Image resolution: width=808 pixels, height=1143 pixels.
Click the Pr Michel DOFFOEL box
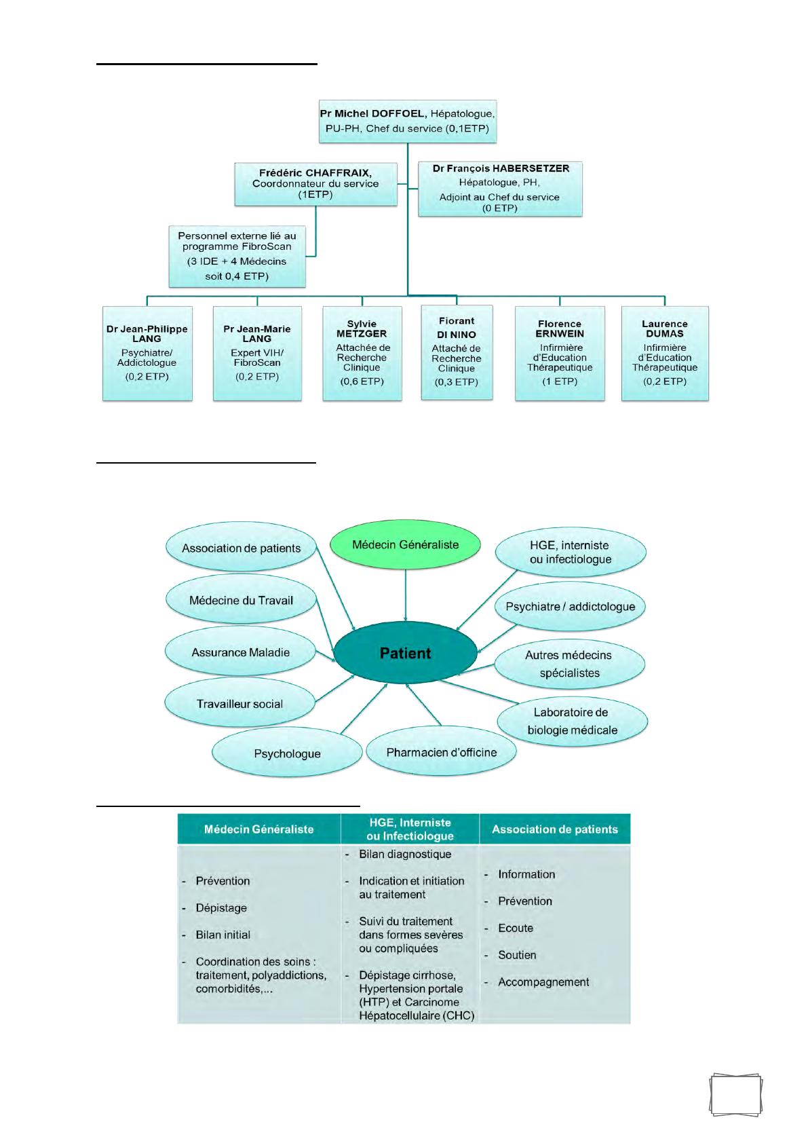[x=407, y=121]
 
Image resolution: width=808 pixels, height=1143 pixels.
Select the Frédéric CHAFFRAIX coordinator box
[x=315, y=183]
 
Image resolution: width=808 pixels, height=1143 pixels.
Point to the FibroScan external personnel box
[x=237, y=256]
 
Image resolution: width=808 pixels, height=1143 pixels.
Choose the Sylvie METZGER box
[x=362, y=353]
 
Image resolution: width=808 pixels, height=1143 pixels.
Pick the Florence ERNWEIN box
[x=560, y=353]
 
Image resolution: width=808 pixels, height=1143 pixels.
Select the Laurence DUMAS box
[x=665, y=353]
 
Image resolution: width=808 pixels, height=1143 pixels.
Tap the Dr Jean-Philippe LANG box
[x=147, y=353]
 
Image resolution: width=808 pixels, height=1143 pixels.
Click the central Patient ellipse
[x=405, y=654]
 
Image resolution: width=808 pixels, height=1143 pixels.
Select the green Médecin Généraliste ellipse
[x=406, y=545]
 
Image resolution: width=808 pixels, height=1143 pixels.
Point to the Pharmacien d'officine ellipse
[x=442, y=752]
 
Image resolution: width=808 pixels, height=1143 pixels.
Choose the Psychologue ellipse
[x=287, y=753]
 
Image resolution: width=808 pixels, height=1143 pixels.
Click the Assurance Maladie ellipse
[x=241, y=652]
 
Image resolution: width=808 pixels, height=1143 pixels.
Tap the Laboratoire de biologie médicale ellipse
[x=572, y=721]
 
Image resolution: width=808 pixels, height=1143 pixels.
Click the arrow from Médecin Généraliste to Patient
[x=406, y=594]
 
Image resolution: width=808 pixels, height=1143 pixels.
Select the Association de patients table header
[x=554, y=829]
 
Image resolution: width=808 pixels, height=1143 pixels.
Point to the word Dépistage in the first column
[x=221, y=907]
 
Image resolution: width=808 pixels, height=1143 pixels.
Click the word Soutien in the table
[x=517, y=955]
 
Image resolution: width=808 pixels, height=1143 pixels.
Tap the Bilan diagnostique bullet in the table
[x=405, y=854]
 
